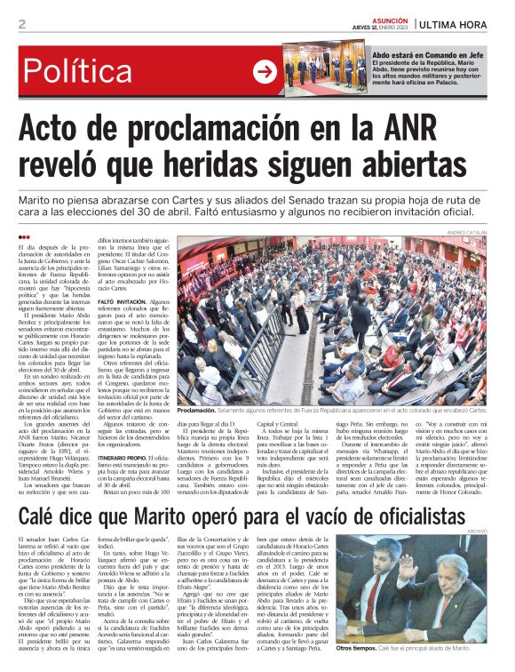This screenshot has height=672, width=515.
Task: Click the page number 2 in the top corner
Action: [x=20, y=23]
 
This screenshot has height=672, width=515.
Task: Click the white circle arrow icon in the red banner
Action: [x=265, y=72]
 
